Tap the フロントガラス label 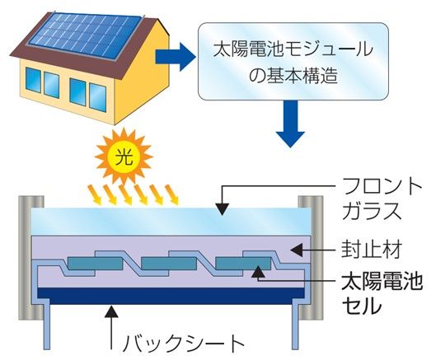point(382,199)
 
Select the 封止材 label point(371,250)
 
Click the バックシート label point(184,344)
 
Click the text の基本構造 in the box point(293,75)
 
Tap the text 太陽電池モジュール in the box point(293,50)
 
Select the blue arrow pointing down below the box point(291,124)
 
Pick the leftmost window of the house point(33,80)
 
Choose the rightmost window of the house point(98,97)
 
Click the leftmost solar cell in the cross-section point(95,264)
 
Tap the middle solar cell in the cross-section point(169,264)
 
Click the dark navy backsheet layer point(171,297)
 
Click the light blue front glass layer point(171,222)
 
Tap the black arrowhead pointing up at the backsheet point(111,311)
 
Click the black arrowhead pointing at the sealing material point(297,250)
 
